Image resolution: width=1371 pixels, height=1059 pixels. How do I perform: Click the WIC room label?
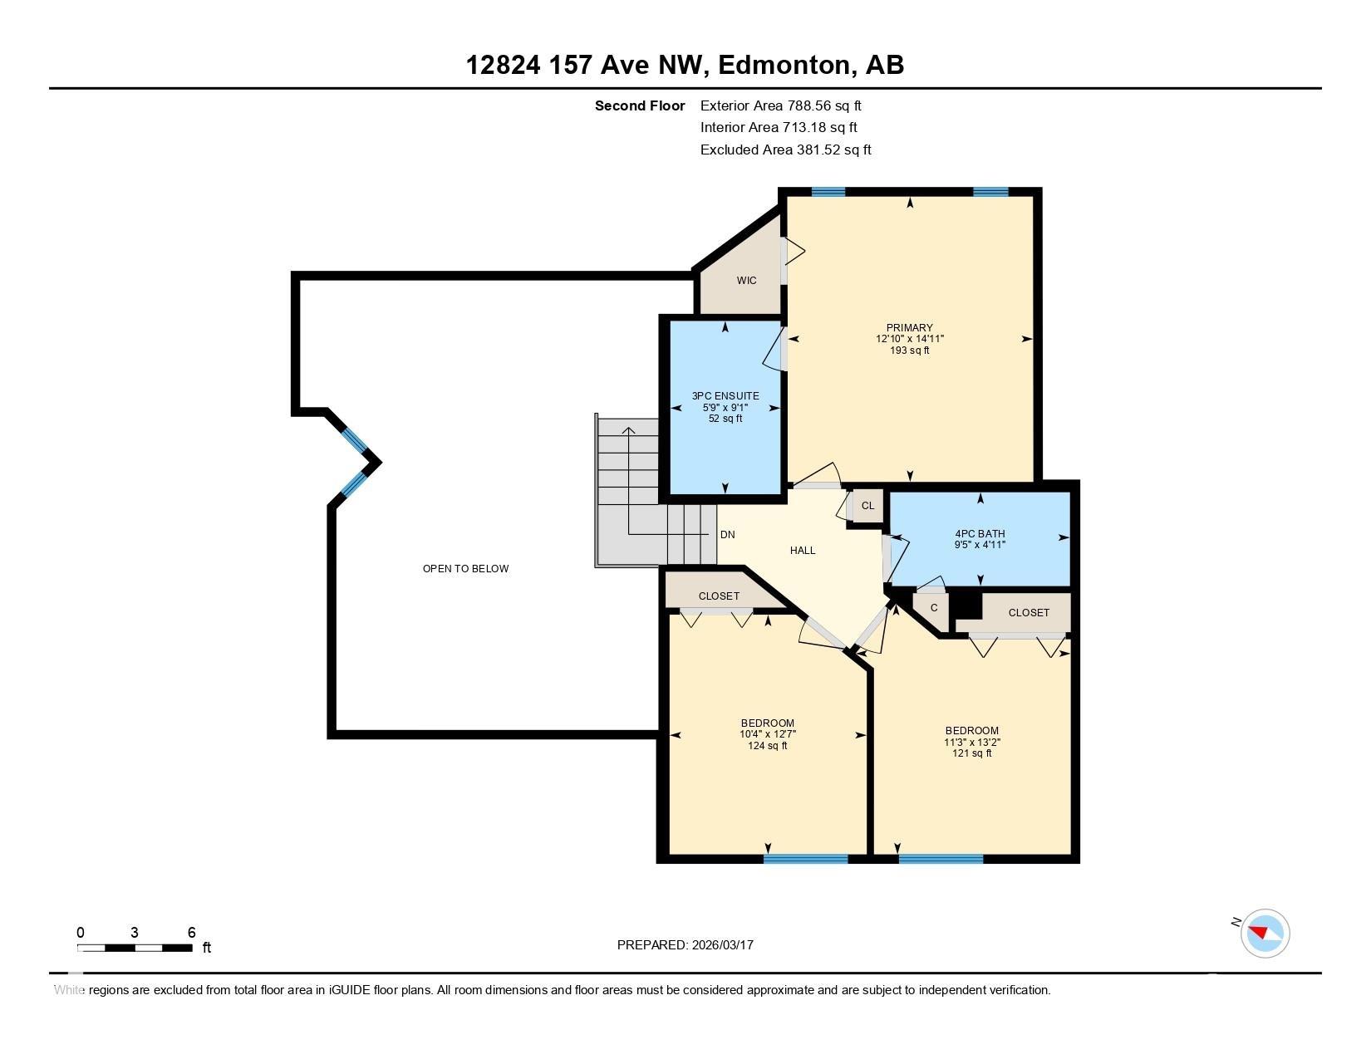(746, 281)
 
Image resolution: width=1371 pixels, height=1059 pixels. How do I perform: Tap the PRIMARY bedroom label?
(909, 328)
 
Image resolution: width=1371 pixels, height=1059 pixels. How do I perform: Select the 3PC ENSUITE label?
(725, 396)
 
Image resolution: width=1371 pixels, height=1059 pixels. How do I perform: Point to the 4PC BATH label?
(980, 533)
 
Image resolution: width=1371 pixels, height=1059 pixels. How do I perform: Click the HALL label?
(803, 551)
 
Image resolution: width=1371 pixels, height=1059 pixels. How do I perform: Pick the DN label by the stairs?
(727, 535)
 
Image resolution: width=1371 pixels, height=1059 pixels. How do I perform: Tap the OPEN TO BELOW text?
(465, 569)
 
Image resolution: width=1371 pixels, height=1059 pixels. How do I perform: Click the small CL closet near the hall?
(867, 506)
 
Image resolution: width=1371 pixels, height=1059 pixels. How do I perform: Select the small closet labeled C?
(934, 608)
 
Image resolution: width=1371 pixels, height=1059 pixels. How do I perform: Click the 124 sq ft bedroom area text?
(768, 746)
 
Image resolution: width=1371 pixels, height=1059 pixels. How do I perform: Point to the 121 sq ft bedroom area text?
(971, 753)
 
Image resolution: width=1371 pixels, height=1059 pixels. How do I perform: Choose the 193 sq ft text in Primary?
(909, 351)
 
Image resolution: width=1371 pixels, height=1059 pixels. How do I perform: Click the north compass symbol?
(1265, 934)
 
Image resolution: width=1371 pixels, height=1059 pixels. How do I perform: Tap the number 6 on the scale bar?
(192, 932)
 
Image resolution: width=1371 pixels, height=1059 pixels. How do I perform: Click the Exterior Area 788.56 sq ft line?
(780, 106)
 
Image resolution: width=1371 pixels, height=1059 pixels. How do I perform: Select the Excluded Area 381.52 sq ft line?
(785, 150)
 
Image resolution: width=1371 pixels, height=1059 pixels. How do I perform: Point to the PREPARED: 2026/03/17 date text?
(685, 945)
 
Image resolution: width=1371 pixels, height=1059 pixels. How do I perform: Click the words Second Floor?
(640, 106)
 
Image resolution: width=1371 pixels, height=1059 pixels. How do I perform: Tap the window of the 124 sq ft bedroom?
(806, 859)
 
